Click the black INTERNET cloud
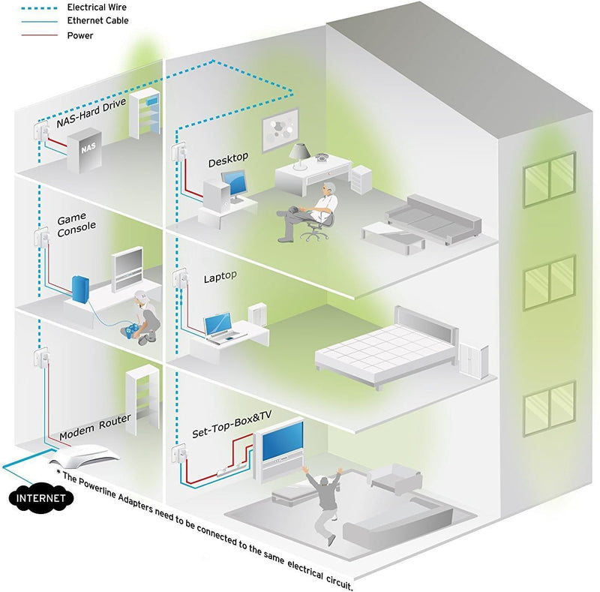[41, 497]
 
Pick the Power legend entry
[80, 35]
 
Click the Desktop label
[228, 160]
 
